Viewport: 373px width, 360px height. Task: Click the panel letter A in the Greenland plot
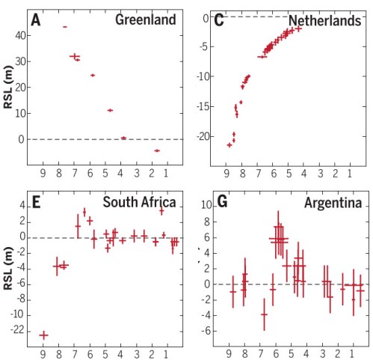pos(35,14)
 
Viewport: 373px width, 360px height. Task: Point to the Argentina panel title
pos(333,202)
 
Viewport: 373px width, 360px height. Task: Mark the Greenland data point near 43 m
pos(65,27)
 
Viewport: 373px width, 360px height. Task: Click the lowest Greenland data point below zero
pos(157,150)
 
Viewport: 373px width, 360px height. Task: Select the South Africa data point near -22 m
pos(43,335)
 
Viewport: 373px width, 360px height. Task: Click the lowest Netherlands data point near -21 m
pos(229,144)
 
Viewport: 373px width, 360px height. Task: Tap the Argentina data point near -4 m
pos(264,314)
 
